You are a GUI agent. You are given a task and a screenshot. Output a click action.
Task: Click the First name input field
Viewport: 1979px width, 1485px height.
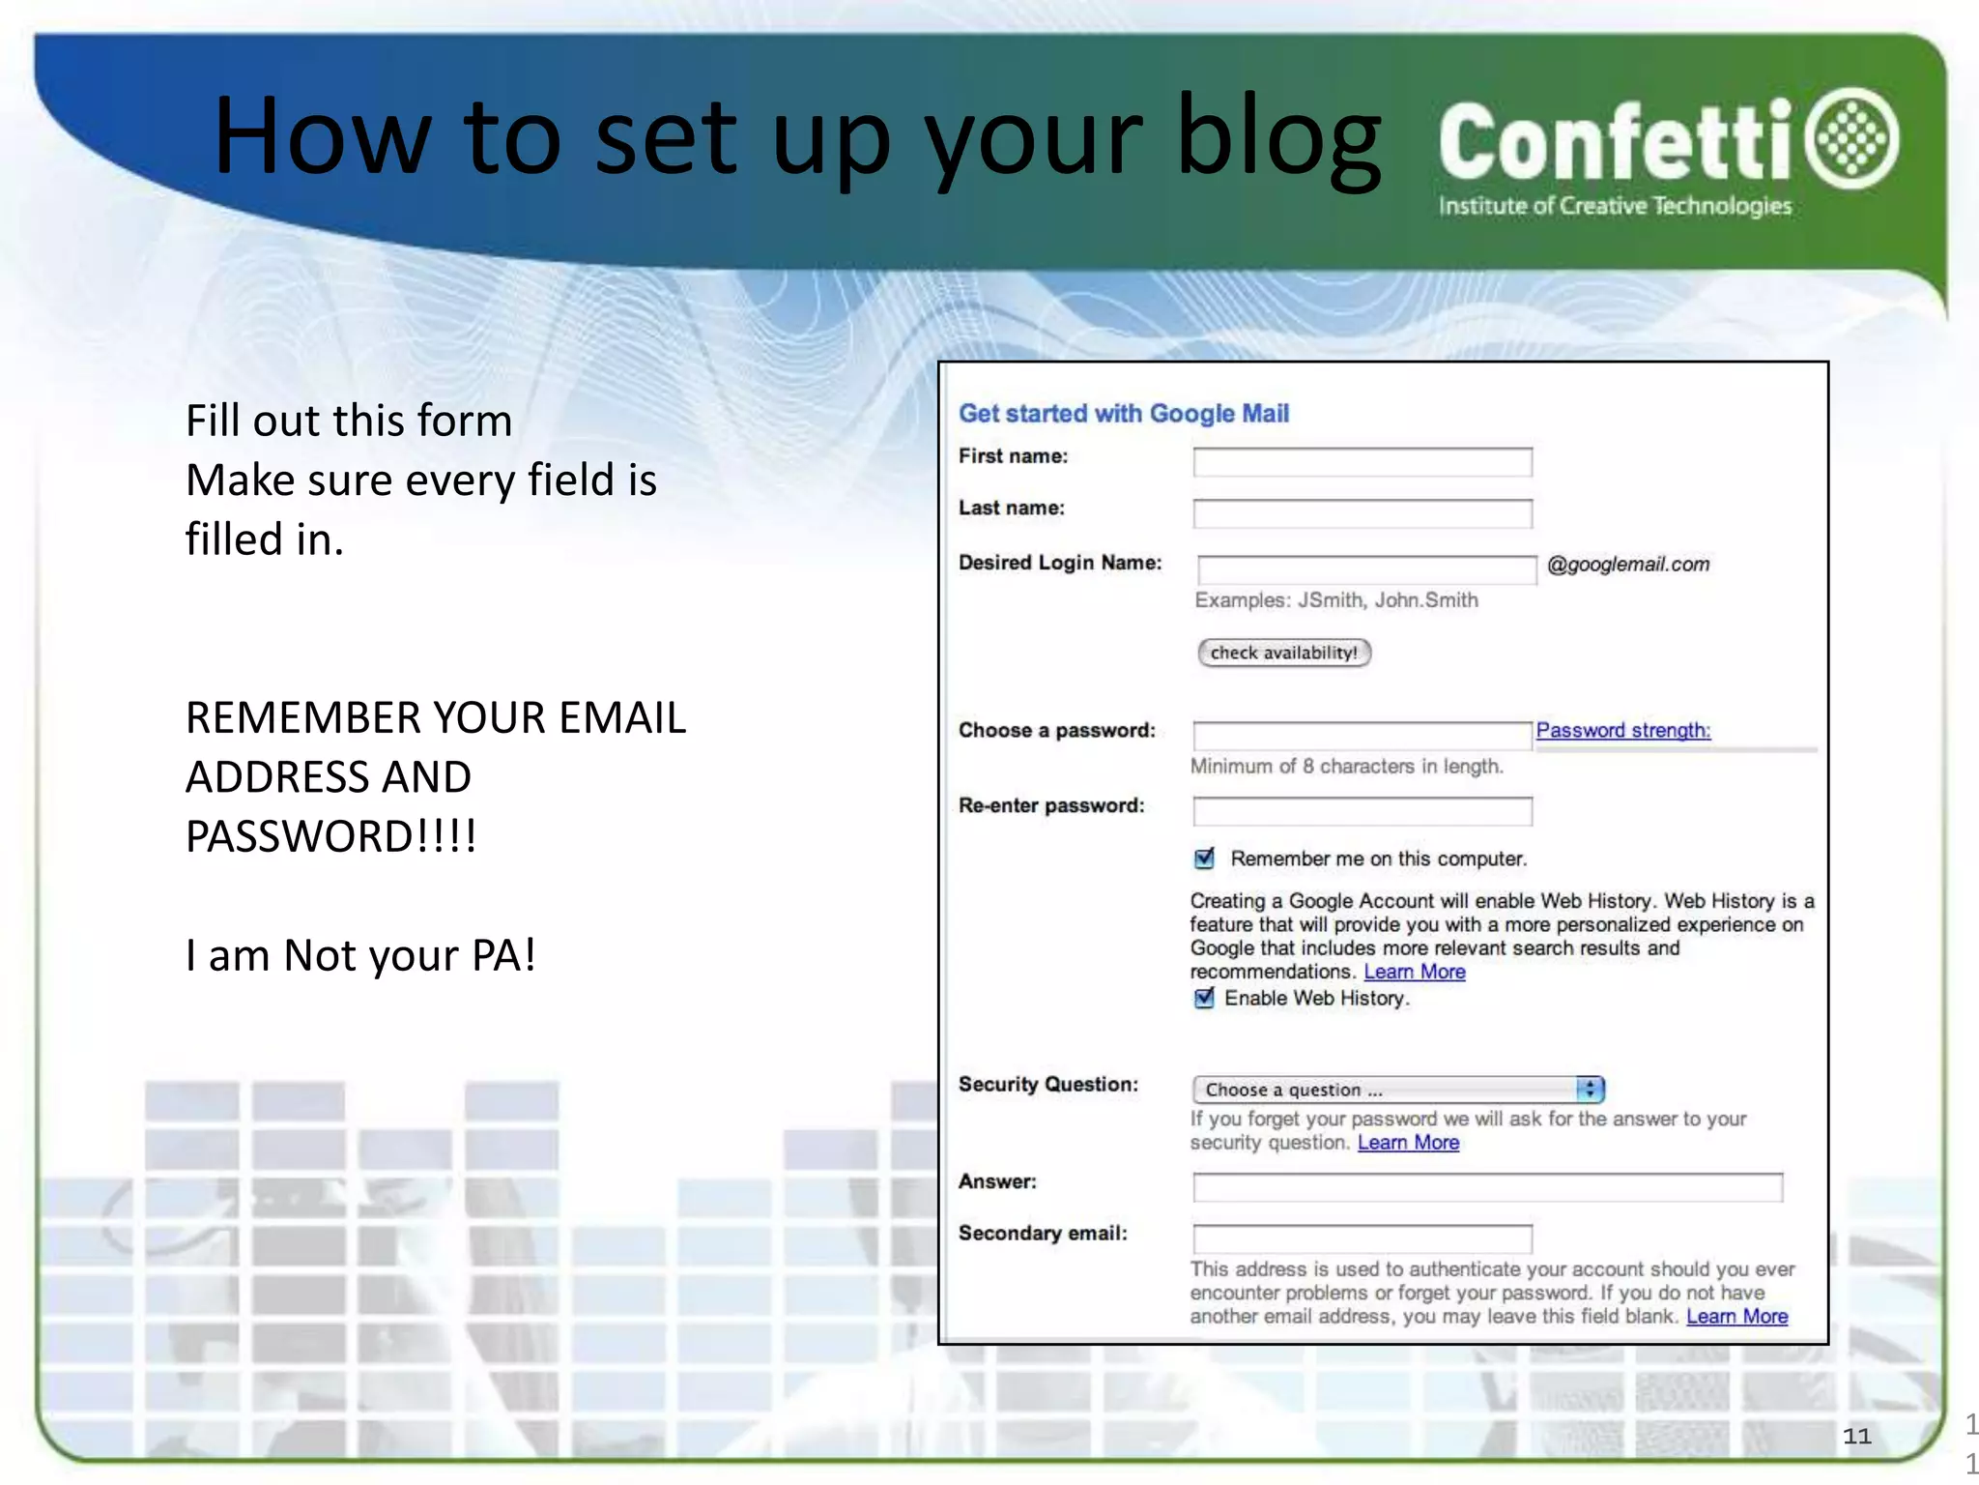pyautogui.click(x=1362, y=462)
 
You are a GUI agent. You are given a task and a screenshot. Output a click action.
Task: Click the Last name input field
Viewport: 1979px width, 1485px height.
pyautogui.click(x=1362, y=513)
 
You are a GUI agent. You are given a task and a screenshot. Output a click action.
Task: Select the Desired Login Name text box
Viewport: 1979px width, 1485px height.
pyautogui.click(x=1365, y=569)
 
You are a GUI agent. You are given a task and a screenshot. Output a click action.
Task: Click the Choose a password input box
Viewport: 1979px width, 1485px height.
pyautogui.click(x=1362, y=736)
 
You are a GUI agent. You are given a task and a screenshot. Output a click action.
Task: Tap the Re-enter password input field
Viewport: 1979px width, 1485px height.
pyautogui.click(x=1362, y=811)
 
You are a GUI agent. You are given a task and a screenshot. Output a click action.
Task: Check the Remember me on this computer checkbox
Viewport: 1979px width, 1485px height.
pyautogui.click(x=1204, y=859)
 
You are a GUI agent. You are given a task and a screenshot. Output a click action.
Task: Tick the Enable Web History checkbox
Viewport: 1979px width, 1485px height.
pyautogui.click(x=1204, y=998)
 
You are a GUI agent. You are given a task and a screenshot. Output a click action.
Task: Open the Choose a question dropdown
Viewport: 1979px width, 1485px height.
pyautogui.click(x=1397, y=1090)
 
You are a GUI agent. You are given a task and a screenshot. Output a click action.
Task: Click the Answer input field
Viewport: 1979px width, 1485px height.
pyautogui.click(x=1486, y=1187)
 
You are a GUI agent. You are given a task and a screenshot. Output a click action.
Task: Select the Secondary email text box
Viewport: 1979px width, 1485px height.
pyautogui.click(x=1362, y=1238)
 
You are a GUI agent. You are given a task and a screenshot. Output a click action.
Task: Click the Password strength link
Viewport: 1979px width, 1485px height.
pyautogui.click(x=1622, y=730)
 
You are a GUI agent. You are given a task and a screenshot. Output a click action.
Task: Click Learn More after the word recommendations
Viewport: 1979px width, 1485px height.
pyautogui.click(x=1414, y=972)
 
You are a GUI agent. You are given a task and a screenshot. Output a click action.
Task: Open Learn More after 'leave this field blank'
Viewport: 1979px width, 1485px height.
pyautogui.click(x=1736, y=1316)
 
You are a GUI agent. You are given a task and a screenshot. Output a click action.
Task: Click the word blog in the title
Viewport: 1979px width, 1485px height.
pyautogui.click(x=1278, y=137)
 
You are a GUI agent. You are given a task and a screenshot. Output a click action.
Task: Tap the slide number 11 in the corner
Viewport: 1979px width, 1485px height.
pyautogui.click(x=1856, y=1436)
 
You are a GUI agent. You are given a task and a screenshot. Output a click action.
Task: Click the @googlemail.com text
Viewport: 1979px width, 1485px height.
pyautogui.click(x=1627, y=565)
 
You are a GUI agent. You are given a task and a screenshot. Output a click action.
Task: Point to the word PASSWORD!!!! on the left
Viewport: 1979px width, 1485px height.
pyautogui.click(x=330, y=836)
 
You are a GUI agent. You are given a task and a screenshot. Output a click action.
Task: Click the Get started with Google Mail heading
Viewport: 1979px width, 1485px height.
pyautogui.click(x=1123, y=414)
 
